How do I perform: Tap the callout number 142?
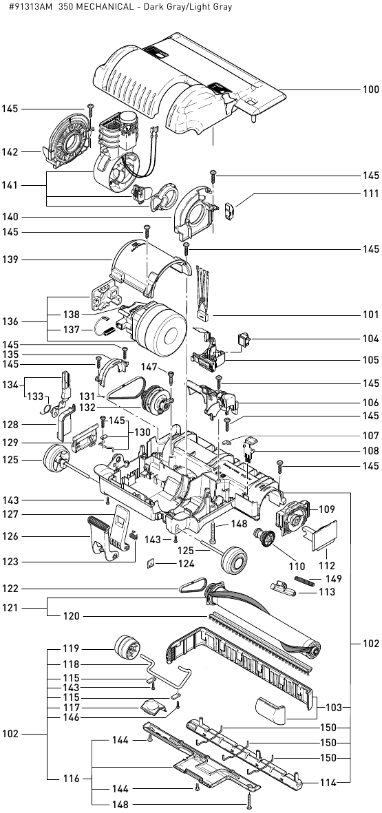[10, 152]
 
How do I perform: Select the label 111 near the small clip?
[370, 195]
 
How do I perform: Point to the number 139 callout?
[10, 260]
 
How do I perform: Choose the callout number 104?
[370, 339]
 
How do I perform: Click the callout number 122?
[10, 589]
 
